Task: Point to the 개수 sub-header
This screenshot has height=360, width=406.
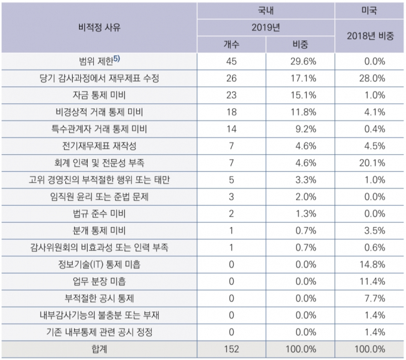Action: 231,45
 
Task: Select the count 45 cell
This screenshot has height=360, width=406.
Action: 231,61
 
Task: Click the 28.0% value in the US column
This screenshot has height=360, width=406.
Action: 372,79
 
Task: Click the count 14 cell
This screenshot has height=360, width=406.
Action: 231,129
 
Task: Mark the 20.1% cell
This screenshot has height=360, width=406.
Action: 372,163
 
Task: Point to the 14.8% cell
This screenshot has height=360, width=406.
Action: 372,264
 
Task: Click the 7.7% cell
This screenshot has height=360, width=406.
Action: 372,298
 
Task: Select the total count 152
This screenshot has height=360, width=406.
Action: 231,349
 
